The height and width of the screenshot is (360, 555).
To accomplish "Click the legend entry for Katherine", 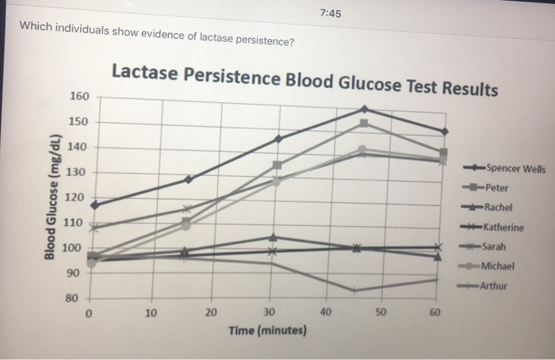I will click(x=504, y=228).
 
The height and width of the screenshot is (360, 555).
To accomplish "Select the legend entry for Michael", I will click(x=499, y=266).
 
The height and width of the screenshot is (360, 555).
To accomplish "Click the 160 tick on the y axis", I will click(x=78, y=97).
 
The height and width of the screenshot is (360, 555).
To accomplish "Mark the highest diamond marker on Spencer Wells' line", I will click(x=364, y=109).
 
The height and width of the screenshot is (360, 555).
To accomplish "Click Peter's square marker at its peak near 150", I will click(x=364, y=123).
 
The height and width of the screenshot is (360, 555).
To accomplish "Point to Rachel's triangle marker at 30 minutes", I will click(x=273, y=236).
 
